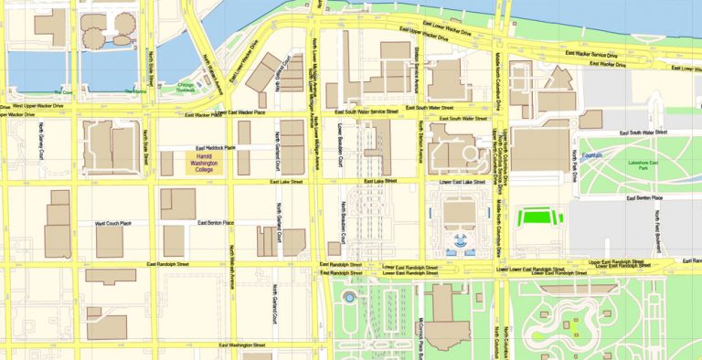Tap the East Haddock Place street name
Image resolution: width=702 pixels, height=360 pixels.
coord(216,148)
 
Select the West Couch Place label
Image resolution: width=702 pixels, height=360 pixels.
coord(113,223)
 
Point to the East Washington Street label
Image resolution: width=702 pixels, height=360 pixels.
coord(242,345)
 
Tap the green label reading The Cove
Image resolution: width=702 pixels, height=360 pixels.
coord(62,92)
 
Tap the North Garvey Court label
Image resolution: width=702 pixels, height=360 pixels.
coord(41,144)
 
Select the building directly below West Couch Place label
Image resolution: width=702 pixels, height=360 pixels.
coord(110,242)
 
